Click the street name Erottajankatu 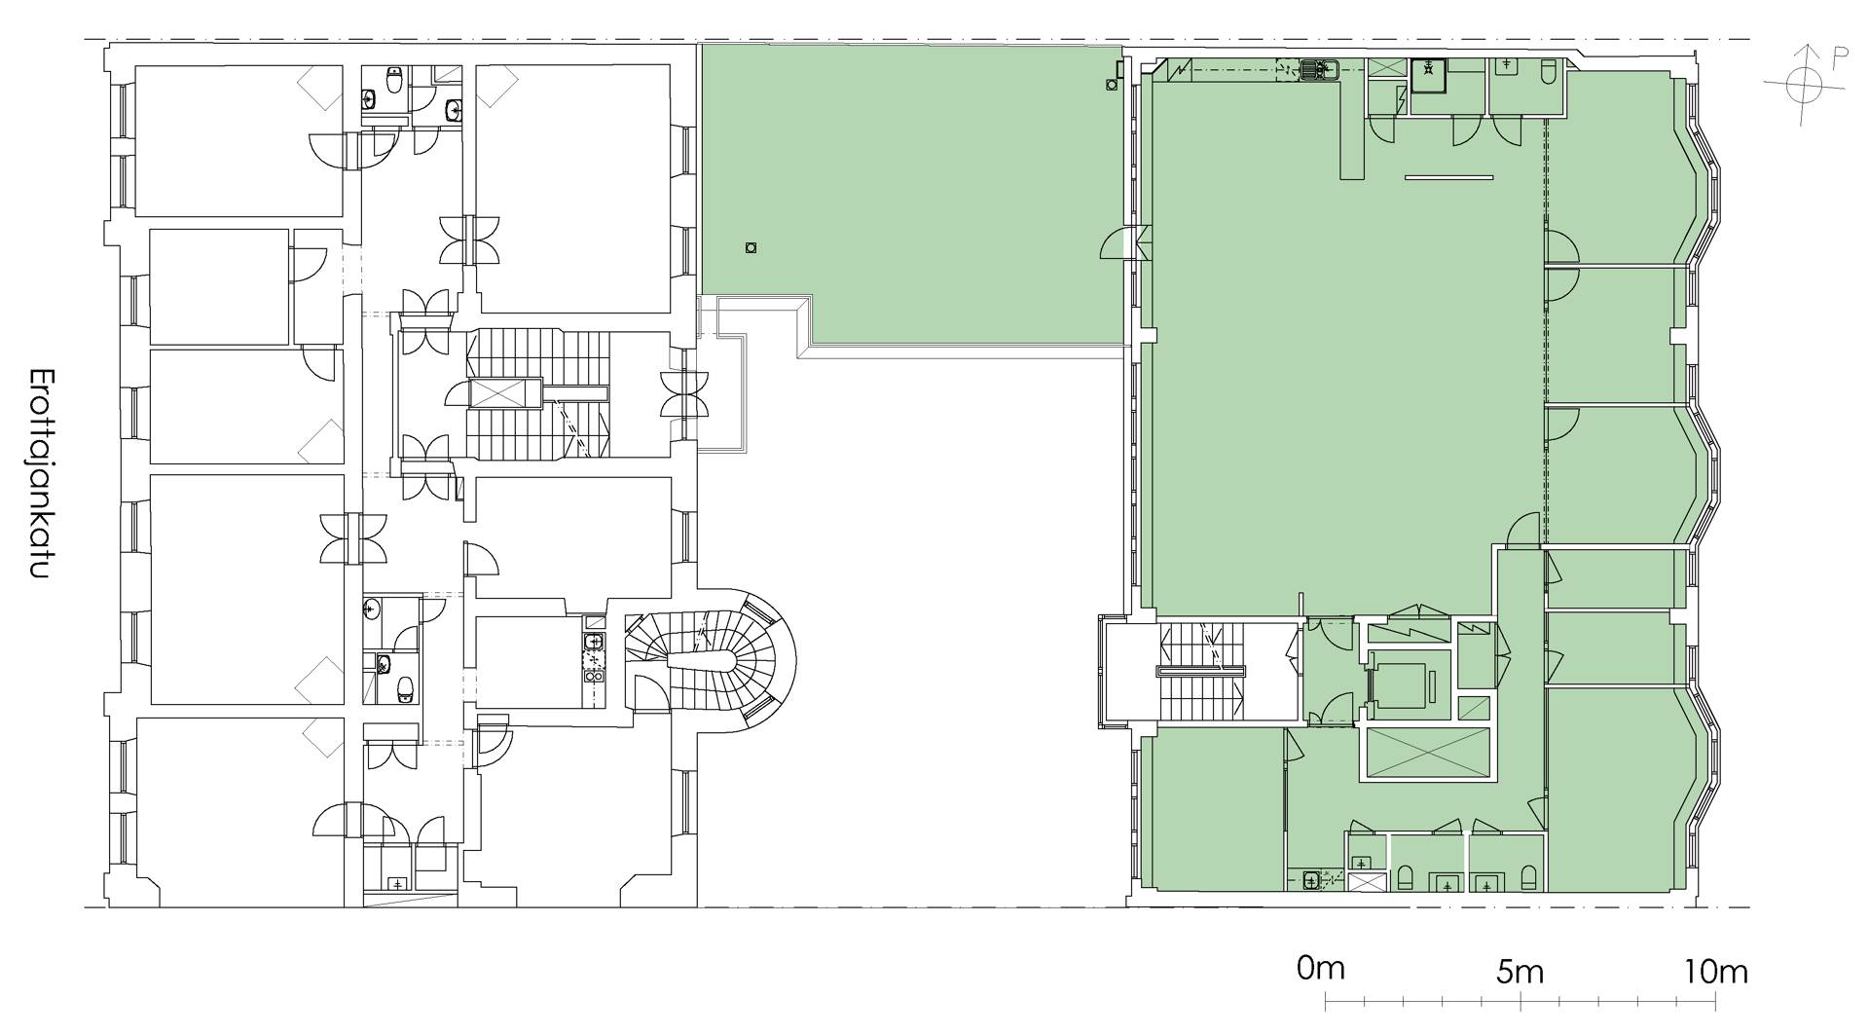tap(40, 474)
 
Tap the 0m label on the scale tap(1321, 970)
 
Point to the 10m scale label tap(1714, 972)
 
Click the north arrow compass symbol tap(1804, 86)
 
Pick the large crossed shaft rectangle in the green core tap(1428, 754)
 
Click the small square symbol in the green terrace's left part tap(750, 248)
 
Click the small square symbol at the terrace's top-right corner tap(1112, 85)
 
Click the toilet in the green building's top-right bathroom tap(1550, 73)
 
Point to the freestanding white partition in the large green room tap(1448, 177)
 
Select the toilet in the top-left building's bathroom tap(395, 82)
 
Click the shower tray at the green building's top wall tap(1428, 74)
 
